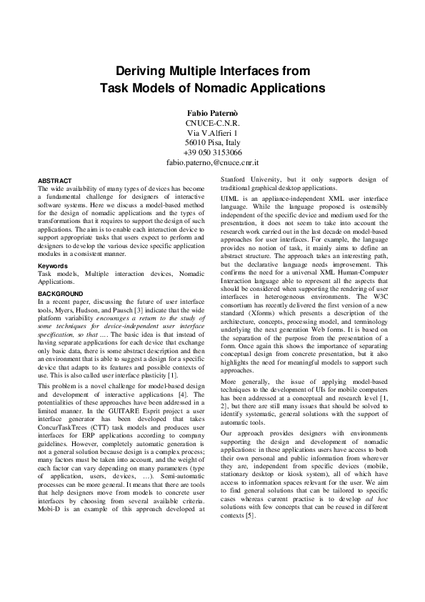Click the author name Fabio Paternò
tap(212, 113)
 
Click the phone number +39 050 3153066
tap(212, 153)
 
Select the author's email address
tap(212, 163)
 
